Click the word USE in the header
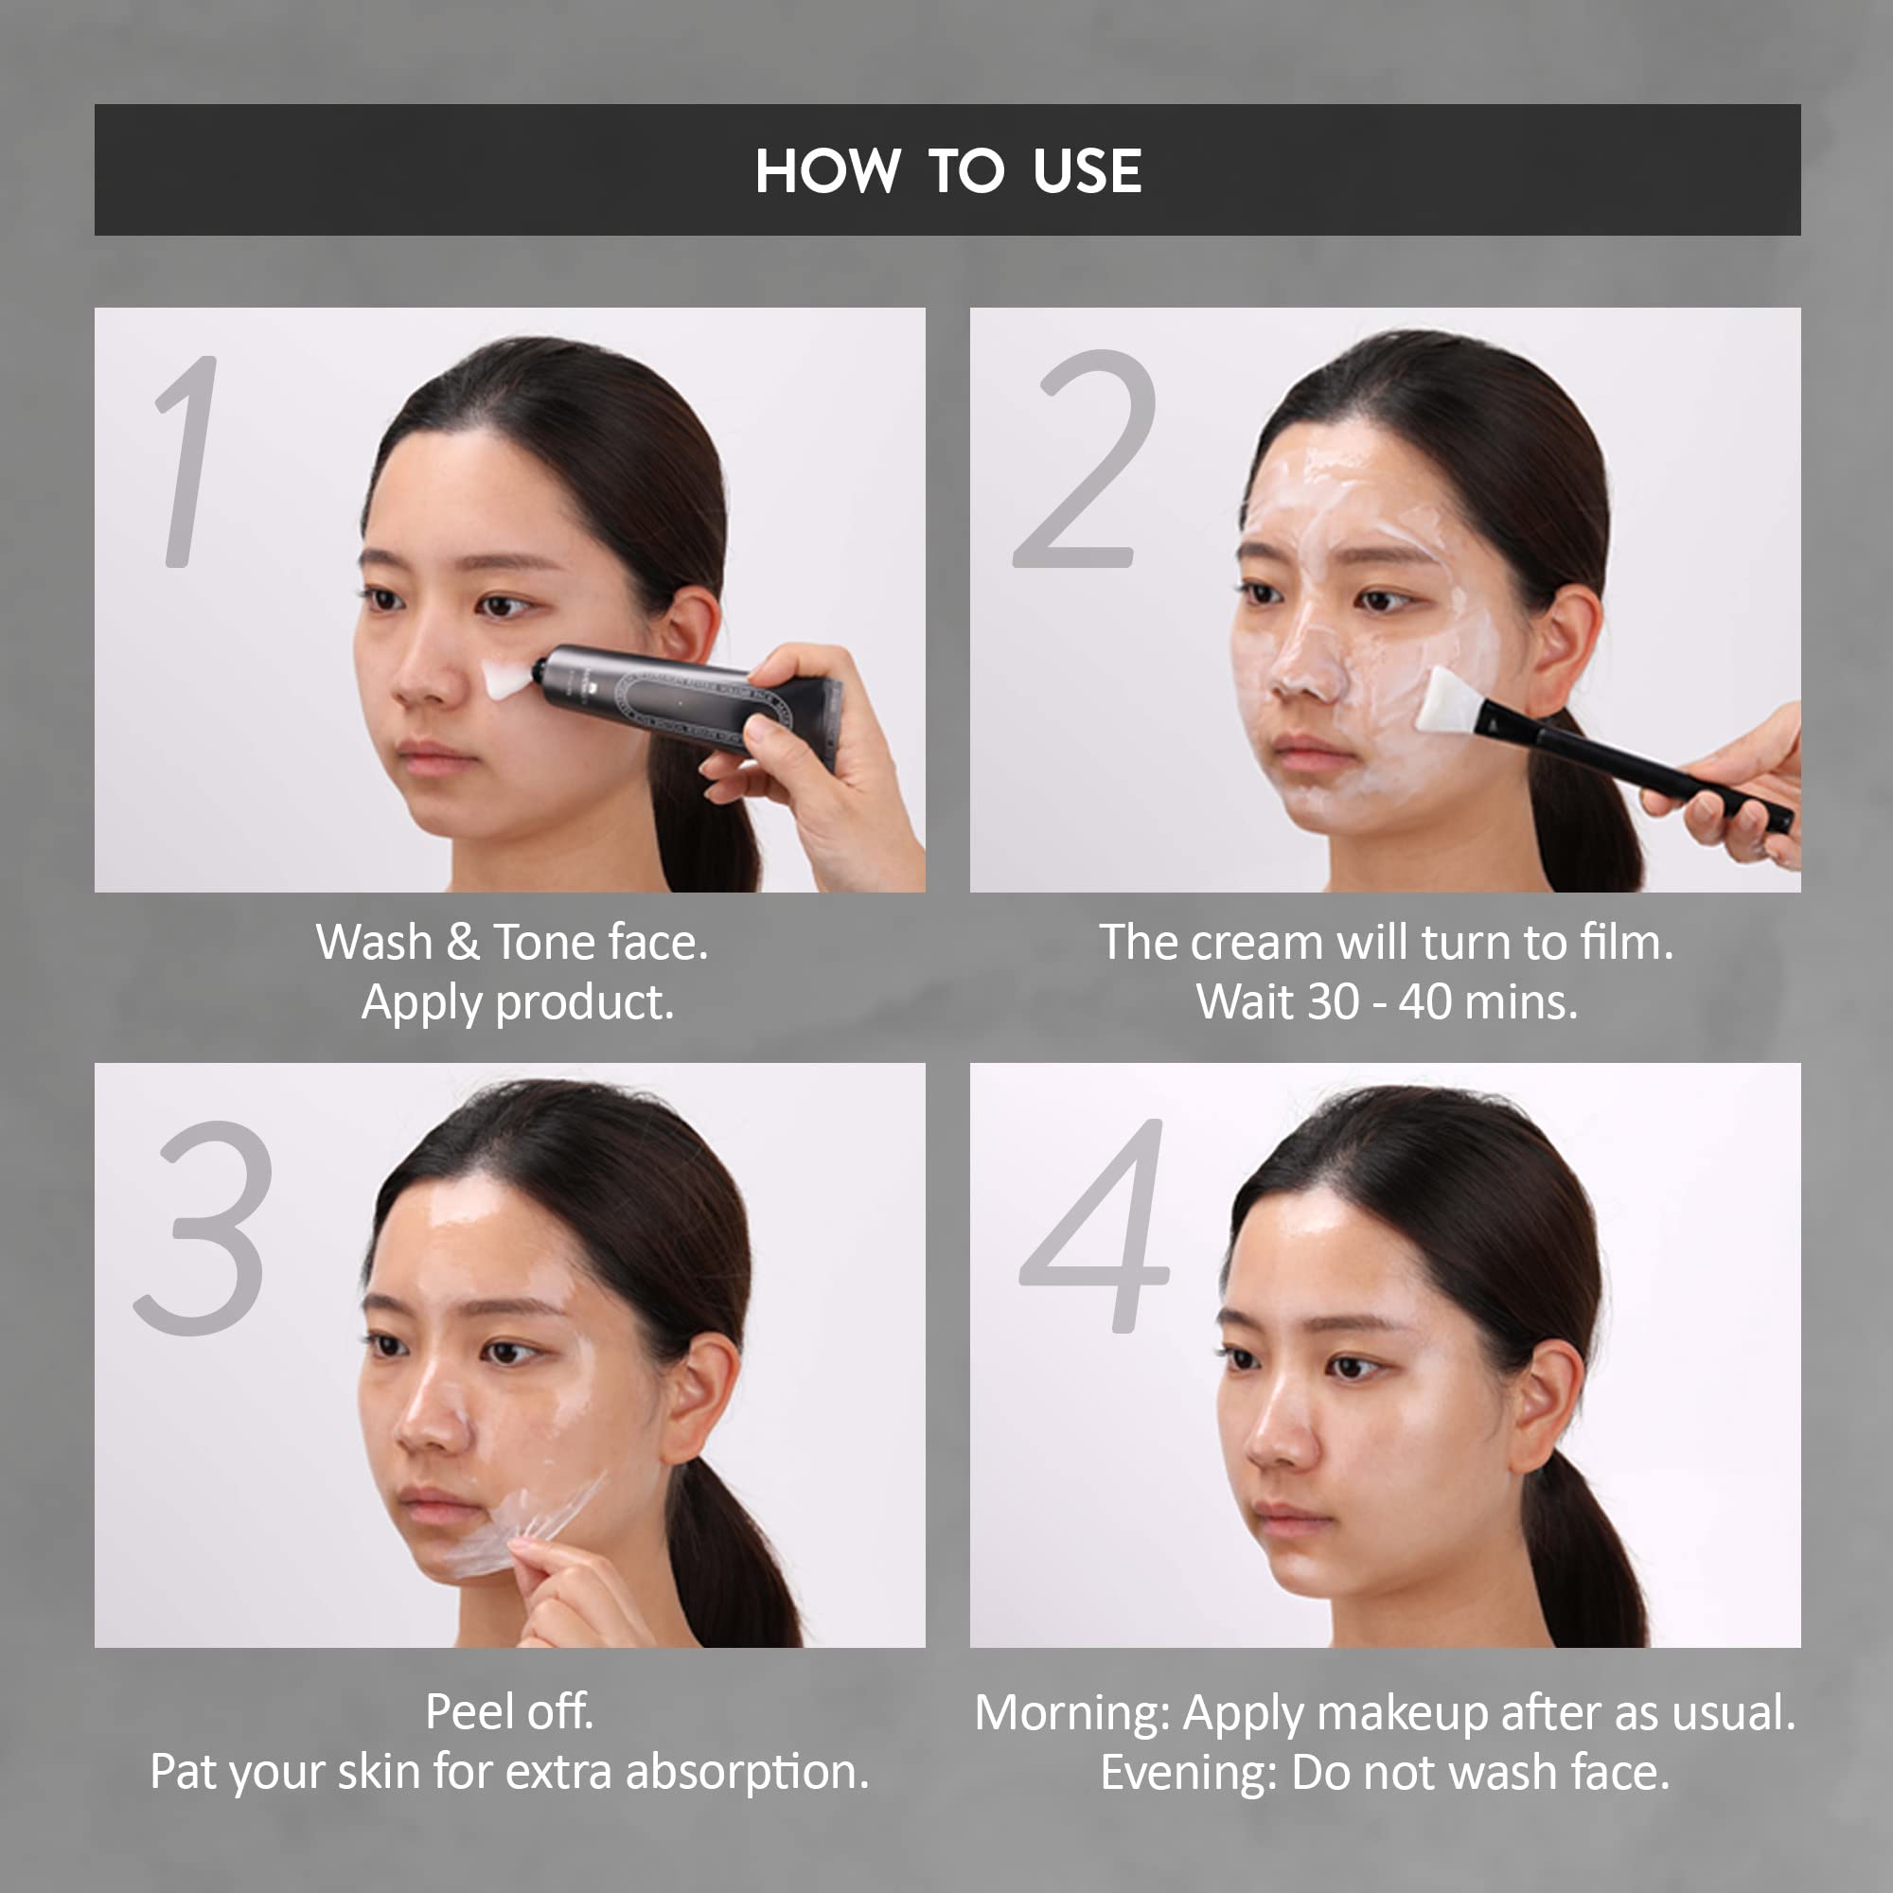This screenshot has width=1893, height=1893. [x=1087, y=171]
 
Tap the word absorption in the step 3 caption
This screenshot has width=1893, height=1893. [x=747, y=1773]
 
